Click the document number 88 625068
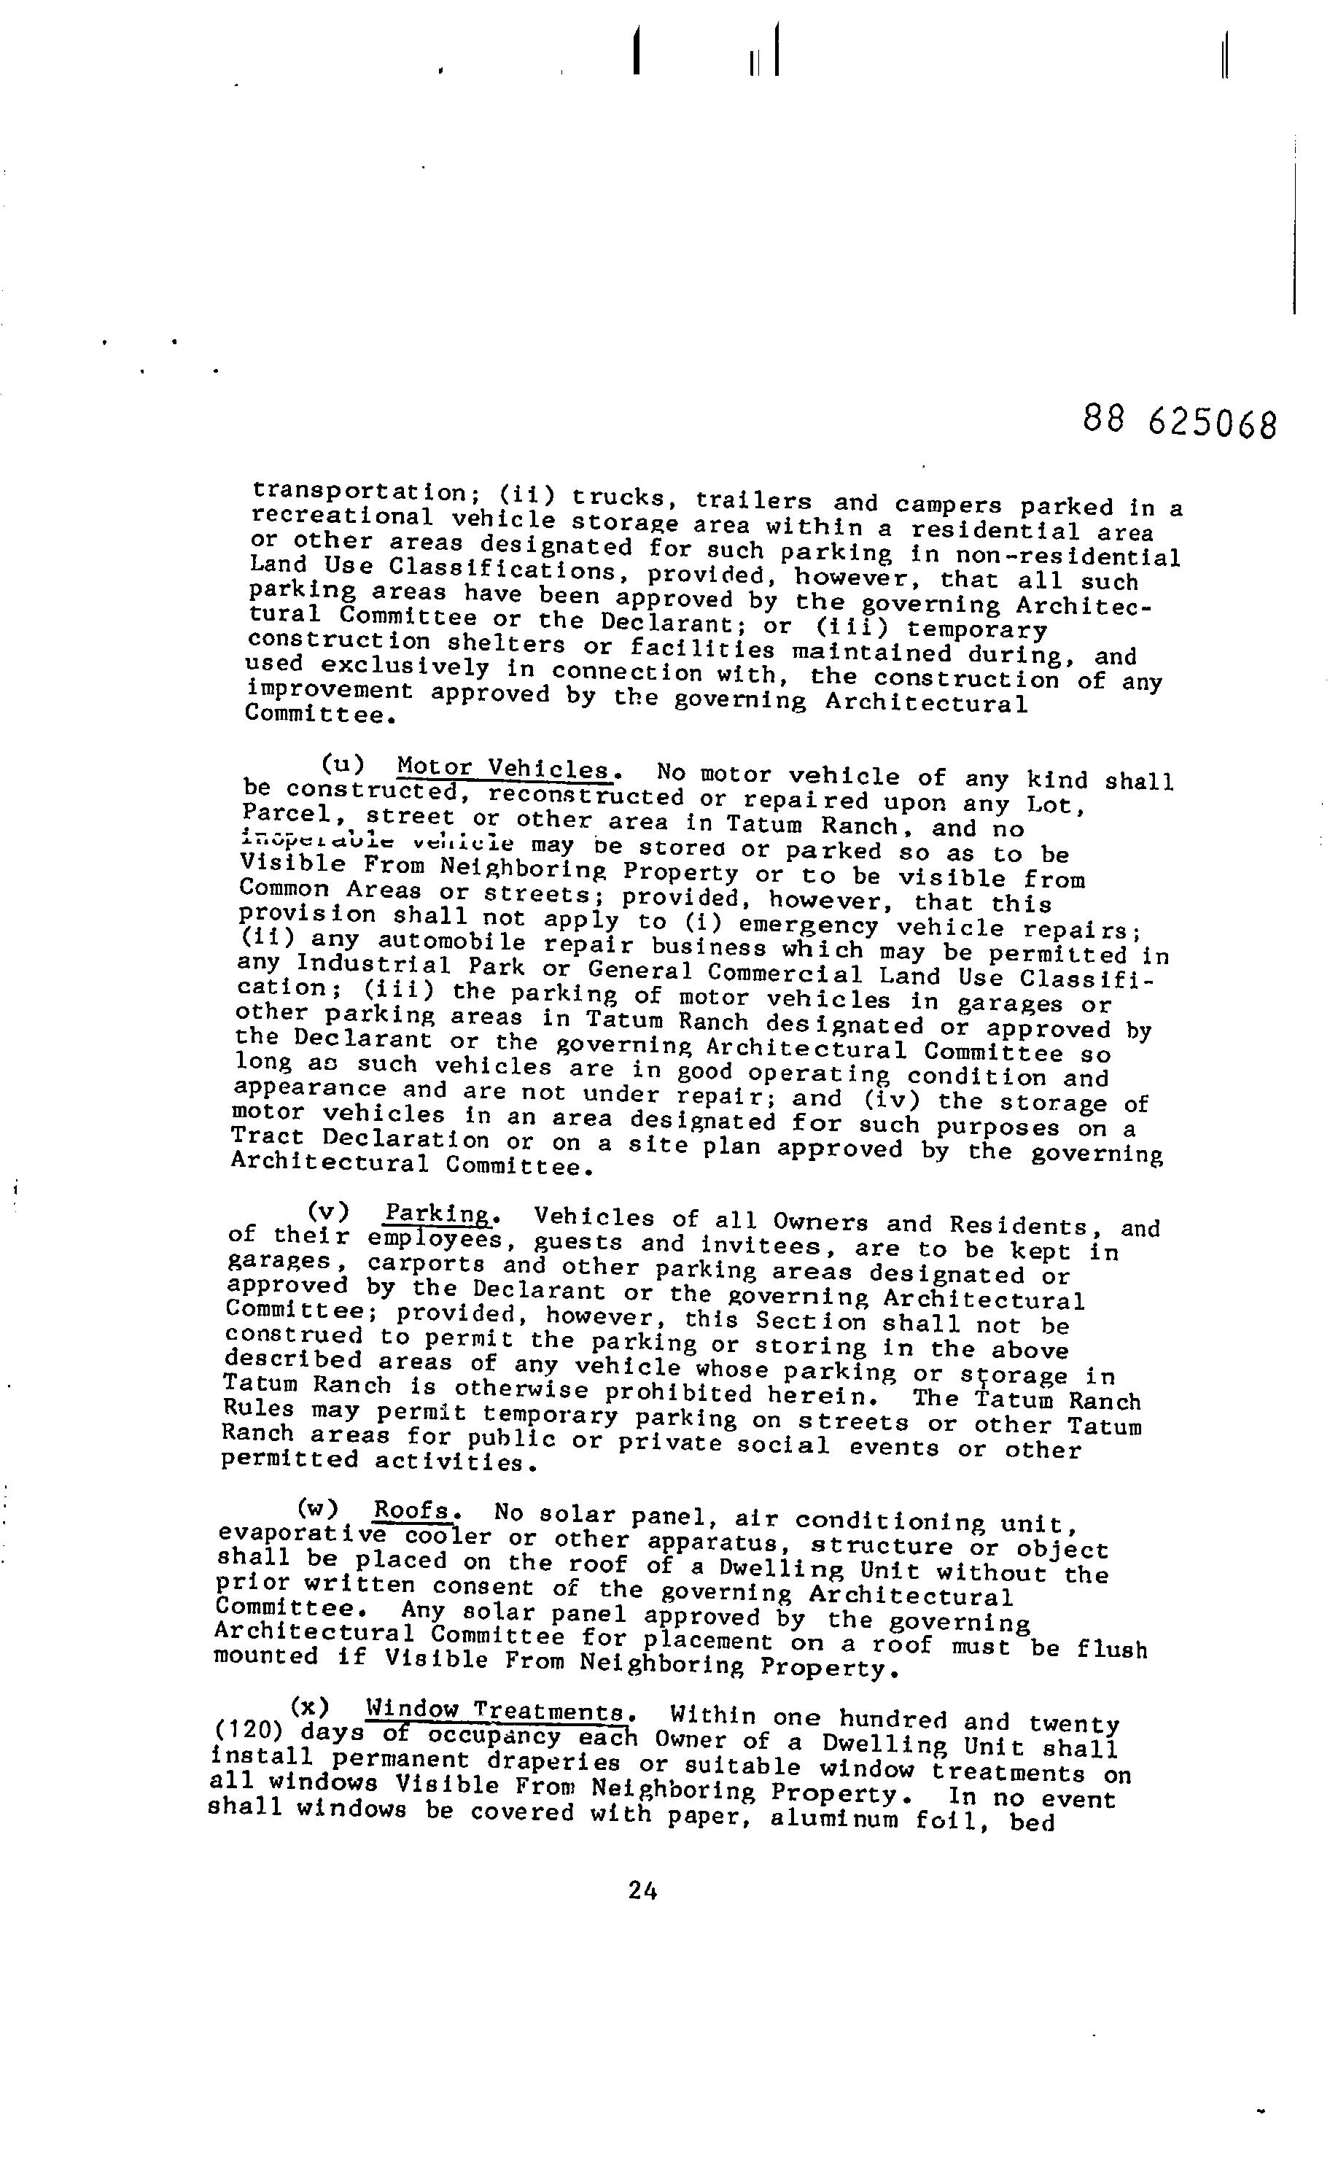point(1180,422)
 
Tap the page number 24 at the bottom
point(643,1890)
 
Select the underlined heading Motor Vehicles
point(504,769)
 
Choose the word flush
point(1112,1649)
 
